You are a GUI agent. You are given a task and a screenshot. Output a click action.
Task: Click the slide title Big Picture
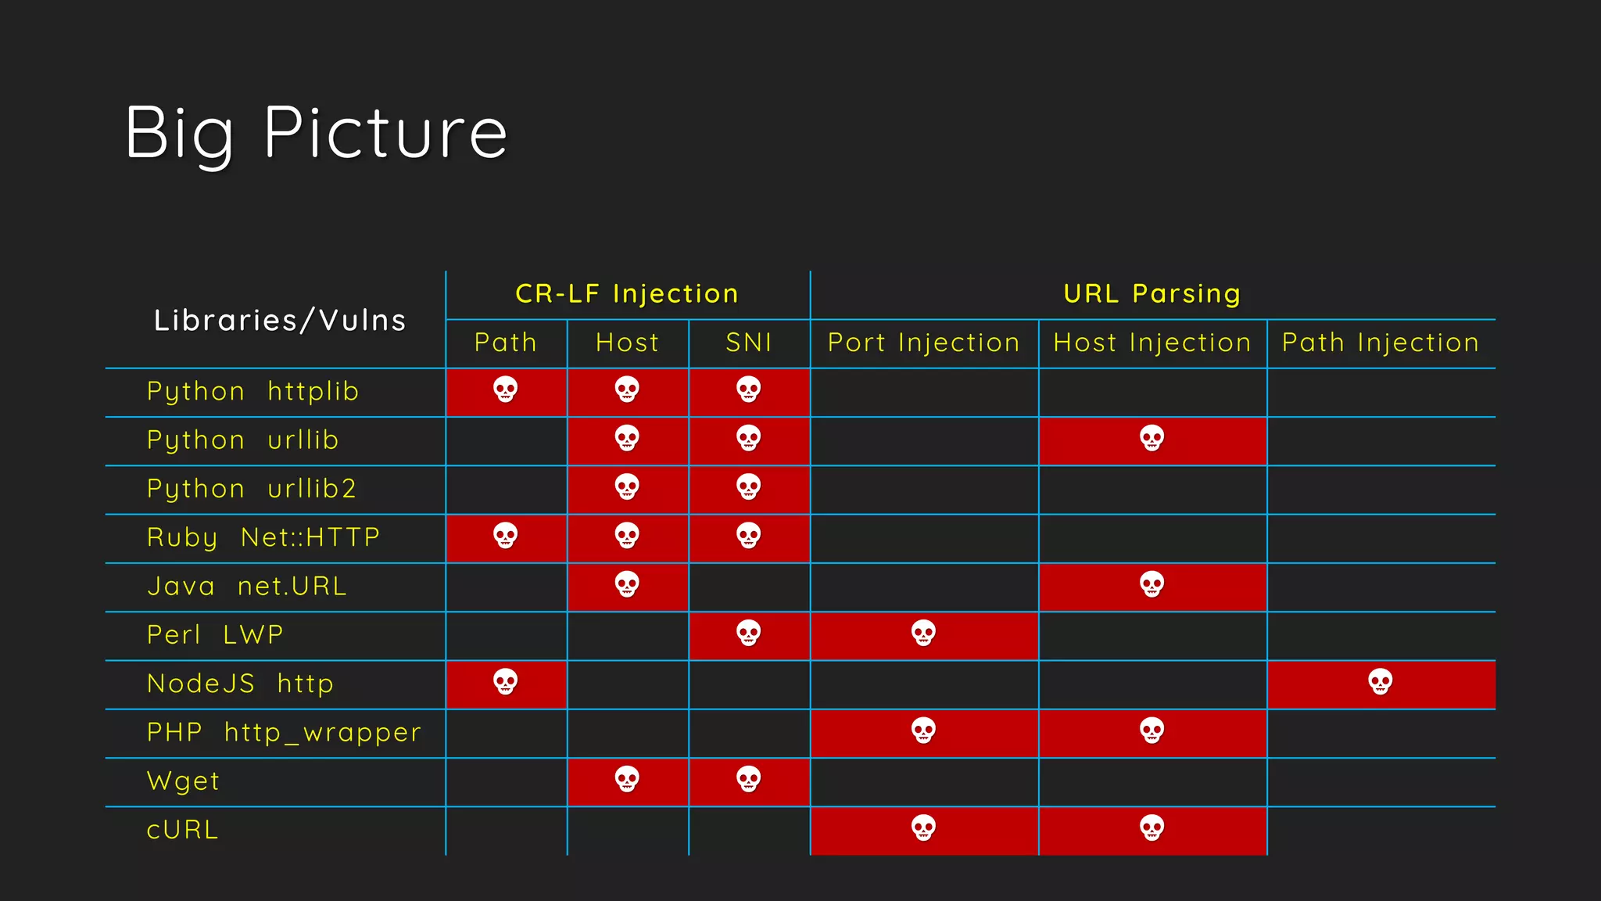click(316, 133)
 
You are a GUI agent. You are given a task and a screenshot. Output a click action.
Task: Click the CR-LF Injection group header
click(627, 294)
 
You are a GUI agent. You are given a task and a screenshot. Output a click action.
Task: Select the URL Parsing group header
click(1152, 294)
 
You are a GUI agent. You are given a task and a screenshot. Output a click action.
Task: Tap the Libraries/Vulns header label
click(280, 321)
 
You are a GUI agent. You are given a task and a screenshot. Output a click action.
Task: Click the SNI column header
click(749, 343)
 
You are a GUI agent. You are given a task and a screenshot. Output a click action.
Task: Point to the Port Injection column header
click(923, 343)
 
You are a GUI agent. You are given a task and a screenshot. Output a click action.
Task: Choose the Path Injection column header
click(1381, 343)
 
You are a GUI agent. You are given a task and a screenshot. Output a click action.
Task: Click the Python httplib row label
click(253, 391)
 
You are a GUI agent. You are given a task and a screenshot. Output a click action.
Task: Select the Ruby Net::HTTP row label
click(263, 537)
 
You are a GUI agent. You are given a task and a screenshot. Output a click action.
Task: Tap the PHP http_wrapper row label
click(284, 733)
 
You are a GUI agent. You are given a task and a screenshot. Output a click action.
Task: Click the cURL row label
click(183, 830)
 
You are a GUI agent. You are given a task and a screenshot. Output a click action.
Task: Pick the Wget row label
click(184, 781)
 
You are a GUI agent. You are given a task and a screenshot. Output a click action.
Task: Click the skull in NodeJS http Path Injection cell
click(1381, 682)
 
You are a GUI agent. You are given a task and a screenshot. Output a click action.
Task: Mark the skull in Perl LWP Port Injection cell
click(923, 633)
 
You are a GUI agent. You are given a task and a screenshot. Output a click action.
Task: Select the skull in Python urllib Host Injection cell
click(1152, 438)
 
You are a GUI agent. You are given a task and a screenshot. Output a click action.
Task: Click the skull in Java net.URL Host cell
click(627, 584)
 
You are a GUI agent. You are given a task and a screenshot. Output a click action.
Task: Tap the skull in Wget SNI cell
click(749, 779)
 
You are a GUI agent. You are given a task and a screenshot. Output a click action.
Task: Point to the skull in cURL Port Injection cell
click(923, 827)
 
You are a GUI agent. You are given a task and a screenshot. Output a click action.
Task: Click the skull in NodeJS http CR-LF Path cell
click(506, 682)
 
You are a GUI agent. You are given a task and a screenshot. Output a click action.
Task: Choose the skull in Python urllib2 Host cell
click(627, 486)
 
